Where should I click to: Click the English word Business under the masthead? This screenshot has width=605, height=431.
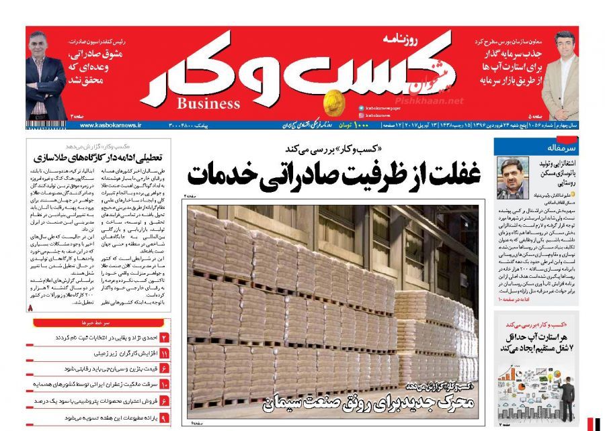208,103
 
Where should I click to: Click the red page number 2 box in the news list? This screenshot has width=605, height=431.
163,337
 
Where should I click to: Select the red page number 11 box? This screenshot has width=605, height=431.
163,353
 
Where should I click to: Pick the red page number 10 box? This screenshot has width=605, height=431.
163,385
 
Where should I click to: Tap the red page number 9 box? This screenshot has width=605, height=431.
163,418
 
